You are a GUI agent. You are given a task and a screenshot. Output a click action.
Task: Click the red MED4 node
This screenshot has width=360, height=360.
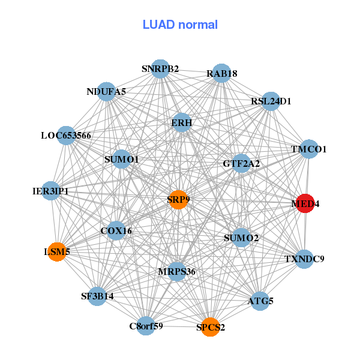(x=305, y=203)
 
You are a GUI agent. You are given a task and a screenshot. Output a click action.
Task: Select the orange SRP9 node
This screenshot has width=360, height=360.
(x=178, y=200)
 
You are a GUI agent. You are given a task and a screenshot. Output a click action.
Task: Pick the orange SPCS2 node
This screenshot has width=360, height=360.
(x=210, y=327)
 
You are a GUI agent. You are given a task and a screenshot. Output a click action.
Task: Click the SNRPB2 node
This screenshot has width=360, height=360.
(x=160, y=68)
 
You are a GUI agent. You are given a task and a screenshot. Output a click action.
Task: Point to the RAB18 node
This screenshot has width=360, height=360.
(x=221, y=73)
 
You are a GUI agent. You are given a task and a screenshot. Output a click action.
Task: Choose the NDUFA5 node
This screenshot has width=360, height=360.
(x=106, y=91)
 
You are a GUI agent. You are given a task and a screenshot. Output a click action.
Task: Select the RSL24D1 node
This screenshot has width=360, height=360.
(x=271, y=101)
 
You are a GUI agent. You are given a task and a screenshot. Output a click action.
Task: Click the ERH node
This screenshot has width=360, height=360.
(x=181, y=122)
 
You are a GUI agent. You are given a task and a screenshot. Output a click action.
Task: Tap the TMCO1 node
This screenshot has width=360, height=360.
(x=308, y=149)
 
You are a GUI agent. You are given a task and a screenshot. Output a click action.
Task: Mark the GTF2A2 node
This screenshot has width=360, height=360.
(x=241, y=163)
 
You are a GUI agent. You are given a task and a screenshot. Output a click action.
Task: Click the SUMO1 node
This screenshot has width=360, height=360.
(x=121, y=160)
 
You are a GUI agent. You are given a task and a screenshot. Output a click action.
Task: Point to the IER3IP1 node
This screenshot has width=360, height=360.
(x=51, y=191)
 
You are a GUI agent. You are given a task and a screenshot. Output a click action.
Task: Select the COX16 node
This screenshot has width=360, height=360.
(x=116, y=230)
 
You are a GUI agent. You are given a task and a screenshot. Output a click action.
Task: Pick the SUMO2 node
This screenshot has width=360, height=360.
(x=241, y=238)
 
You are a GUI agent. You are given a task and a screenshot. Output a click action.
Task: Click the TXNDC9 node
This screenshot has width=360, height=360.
(x=305, y=259)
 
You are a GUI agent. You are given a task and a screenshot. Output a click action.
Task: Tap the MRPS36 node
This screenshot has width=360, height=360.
(x=177, y=272)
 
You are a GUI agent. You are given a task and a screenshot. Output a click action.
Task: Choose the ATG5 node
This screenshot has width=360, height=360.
(x=260, y=301)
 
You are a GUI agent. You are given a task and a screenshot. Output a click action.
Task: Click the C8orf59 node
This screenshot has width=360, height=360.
(x=146, y=326)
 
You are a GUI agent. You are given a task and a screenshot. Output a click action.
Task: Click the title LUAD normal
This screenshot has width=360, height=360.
(x=180, y=25)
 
